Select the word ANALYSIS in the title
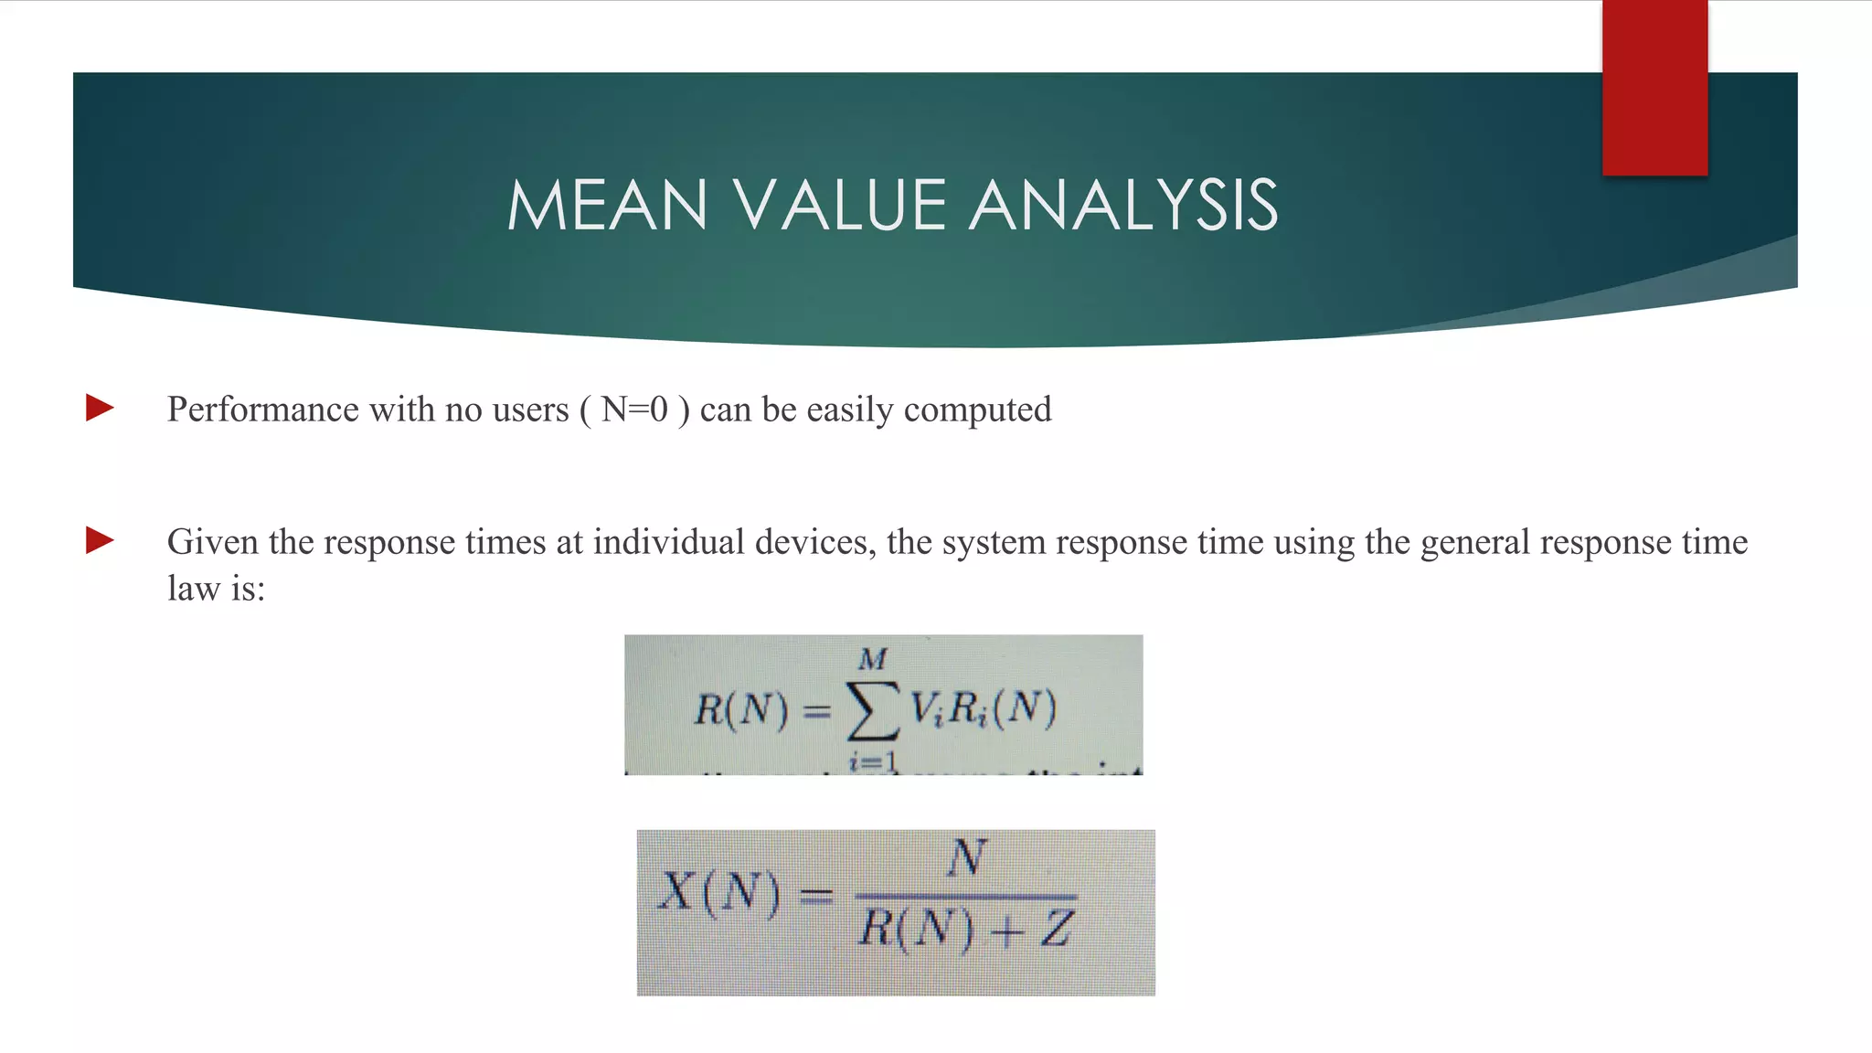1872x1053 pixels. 1123,205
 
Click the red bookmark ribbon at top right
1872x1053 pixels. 1654,88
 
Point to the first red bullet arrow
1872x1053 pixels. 100,408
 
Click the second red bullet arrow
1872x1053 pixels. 100,540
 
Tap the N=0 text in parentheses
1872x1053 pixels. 634,409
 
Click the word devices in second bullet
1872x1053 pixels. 814,542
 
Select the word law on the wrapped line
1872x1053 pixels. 193,588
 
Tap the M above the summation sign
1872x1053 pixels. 873,658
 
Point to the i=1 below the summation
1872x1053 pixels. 873,761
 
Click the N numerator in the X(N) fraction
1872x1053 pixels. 966,858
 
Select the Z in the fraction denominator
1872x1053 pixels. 1056,930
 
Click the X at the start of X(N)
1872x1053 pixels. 677,891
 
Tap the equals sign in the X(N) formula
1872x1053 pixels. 816,895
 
